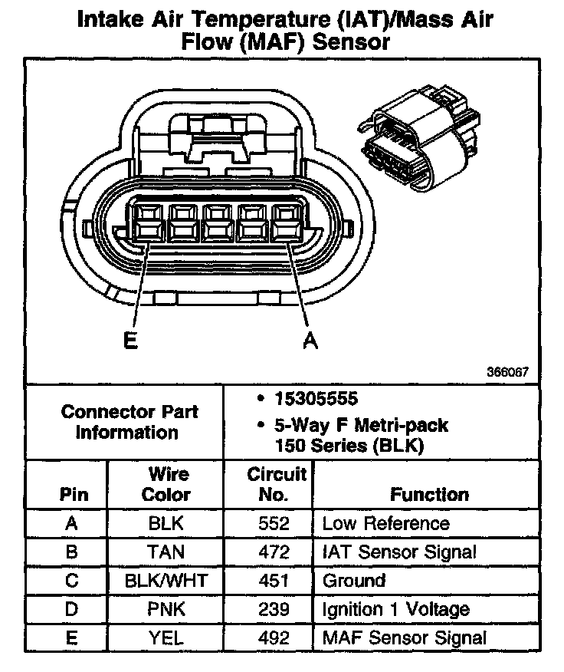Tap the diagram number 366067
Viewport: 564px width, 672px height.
[507, 372]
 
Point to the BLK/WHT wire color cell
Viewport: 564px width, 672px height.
[166, 581]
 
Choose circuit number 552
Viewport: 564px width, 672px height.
[274, 524]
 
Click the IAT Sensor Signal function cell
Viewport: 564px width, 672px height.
[399, 552]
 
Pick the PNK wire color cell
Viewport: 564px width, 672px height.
[166, 610]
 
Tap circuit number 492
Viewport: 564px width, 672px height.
[274, 638]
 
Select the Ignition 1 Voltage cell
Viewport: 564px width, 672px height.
[395, 610]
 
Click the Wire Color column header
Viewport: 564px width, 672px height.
[166, 484]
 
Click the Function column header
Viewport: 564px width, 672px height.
[429, 495]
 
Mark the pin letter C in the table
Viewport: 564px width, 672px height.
[72, 581]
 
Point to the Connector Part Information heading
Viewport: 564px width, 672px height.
[128, 421]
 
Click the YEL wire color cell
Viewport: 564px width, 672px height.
[166, 638]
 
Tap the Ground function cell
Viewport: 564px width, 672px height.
[353, 581]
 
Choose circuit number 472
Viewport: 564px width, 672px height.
[274, 552]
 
